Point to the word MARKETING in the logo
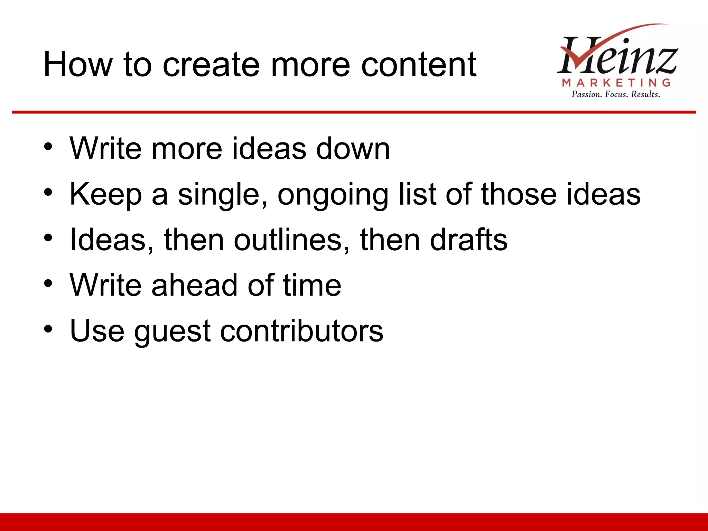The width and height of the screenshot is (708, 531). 616,83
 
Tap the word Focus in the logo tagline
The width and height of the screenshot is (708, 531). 617,94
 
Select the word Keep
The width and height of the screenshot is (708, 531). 106,195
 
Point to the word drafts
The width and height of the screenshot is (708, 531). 469,240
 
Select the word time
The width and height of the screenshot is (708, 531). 312,285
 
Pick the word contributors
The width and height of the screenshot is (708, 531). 302,331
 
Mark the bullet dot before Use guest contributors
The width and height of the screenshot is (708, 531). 48,329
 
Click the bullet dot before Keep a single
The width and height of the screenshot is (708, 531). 48,192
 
